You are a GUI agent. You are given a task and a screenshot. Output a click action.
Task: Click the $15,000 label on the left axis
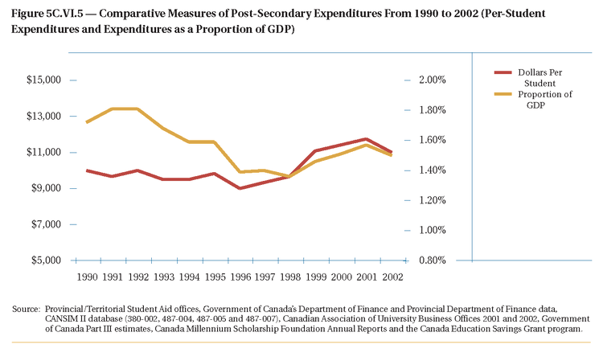43,80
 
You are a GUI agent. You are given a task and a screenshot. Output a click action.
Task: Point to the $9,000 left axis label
46,189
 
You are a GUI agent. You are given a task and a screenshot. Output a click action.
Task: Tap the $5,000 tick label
46,260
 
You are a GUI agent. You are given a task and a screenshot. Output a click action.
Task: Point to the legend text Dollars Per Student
539,78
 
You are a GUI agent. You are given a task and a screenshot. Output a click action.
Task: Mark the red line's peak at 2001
366,139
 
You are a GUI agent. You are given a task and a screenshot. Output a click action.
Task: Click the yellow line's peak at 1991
112,109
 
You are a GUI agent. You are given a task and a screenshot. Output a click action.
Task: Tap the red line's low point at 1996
239,188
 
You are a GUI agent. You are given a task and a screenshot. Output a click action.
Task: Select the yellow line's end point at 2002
392,154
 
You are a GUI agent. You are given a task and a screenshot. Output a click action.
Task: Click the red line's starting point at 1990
86,170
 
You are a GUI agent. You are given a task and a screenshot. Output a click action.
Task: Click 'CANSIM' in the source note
64,319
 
